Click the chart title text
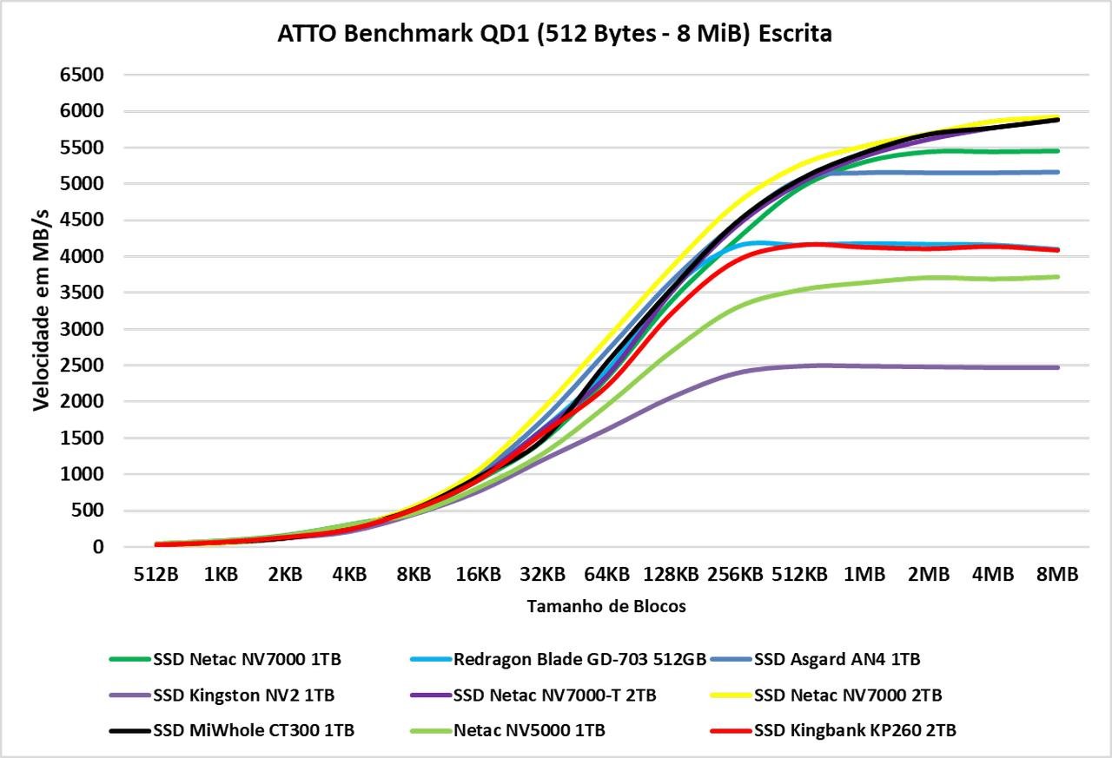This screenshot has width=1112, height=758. tap(555, 33)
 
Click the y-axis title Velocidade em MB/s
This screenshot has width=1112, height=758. tap(41, 311)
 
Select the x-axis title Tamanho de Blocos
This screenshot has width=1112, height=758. tap(606, 607)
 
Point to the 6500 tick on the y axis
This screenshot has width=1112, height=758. tap(82, 75)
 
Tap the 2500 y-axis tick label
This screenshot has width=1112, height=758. tap(82, 366)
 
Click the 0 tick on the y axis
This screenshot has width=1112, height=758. tap(98, 547)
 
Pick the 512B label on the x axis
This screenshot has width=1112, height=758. tap(156, 575)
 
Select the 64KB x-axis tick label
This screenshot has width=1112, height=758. tap(606, 575)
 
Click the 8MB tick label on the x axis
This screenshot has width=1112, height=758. tap(1057, 575)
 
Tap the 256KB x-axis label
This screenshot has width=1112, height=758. tap(735, 575)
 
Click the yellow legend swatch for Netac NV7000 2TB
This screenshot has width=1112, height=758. tap(730, 695)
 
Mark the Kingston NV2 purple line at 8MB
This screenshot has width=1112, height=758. tap(1057, 367)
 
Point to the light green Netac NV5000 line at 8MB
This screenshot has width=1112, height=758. tap(1057, 277)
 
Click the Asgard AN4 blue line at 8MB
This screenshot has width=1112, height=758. tap(1057, 172)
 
